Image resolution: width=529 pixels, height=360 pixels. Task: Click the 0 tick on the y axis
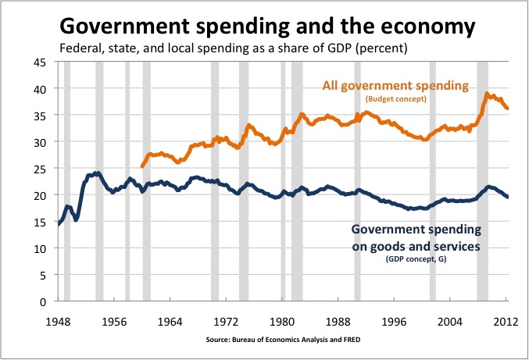[x=44, y=301]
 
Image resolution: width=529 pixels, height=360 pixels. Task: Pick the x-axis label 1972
[x=226, y=320]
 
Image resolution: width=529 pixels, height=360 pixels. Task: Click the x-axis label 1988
[x=338, y=320]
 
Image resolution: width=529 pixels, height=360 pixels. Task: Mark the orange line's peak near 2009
[x=487, y=94]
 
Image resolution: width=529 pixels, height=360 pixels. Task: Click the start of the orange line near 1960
[x=141, y=166]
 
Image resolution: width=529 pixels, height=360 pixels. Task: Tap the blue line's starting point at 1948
[x=58, y=224]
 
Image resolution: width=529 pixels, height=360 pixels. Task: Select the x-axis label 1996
[x=394, y=320]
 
